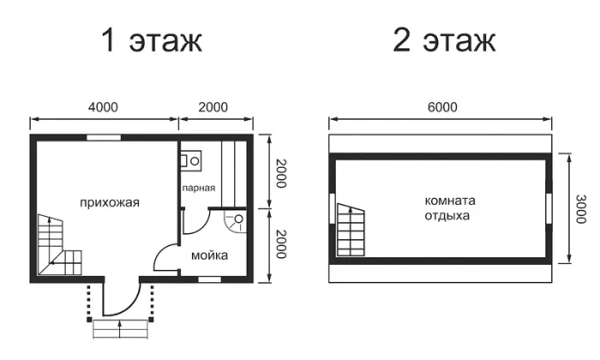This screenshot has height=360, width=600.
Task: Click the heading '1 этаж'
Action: coord(152,40)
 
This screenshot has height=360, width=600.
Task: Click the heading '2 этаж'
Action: coord(444,40)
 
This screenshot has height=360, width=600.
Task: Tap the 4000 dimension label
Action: coord(103,107)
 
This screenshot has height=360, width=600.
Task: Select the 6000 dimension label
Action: coord(442,107)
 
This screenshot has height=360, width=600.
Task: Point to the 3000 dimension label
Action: coord(581,209)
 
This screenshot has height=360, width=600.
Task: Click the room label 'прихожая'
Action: coord(110,203)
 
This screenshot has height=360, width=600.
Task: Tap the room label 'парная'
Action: coord(199,188)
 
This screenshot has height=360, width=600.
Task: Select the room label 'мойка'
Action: coord(210,255)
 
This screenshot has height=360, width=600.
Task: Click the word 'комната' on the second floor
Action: coord(450,201)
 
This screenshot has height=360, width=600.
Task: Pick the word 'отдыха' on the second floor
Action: coord(447,216)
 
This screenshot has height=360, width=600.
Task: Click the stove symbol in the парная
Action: coord(190,161)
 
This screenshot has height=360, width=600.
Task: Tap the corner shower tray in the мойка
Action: coord(234,221)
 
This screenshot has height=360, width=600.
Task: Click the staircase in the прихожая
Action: coord(59,245)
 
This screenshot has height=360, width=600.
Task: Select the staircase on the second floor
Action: coord(351,230)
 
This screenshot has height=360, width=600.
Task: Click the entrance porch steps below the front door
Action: coord(120,329)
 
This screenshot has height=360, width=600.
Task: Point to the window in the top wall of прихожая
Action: coord(104,138)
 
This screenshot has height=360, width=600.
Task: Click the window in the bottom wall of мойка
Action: coord(209,279)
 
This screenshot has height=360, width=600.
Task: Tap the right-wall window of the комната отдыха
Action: coord(549,208)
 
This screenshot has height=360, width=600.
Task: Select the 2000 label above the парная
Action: coord(213,107)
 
